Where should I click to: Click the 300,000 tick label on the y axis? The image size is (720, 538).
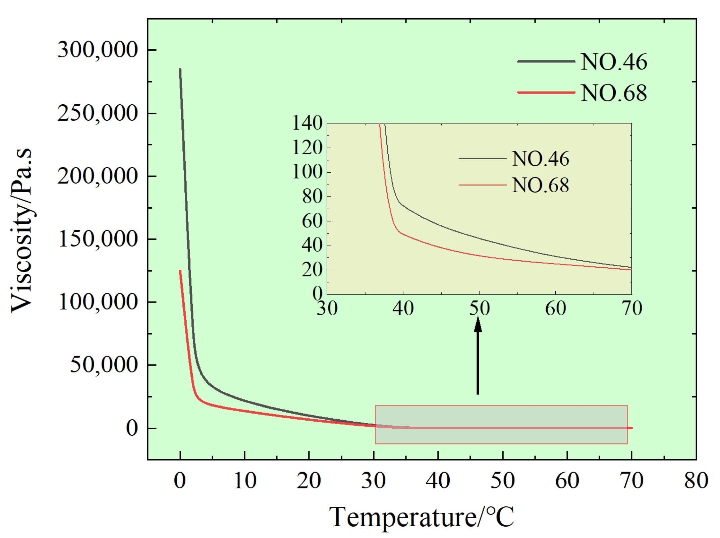click(98, 50)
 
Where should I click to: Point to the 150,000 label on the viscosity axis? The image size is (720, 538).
click(98, 239)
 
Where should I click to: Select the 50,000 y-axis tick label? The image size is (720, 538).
click(104, 365)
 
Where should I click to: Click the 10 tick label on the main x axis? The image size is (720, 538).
click(245, 481)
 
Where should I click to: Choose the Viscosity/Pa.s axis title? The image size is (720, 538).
click(22, 231)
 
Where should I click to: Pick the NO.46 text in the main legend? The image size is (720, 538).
click(614, 62)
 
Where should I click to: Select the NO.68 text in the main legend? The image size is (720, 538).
click(614, 93)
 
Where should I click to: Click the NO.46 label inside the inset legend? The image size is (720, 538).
click(540, 159)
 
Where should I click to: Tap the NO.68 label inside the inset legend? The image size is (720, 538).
click(540, 185)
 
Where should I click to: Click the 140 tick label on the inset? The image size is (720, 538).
click(307, 123)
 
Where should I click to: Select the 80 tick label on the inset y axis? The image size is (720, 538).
click(312, 197)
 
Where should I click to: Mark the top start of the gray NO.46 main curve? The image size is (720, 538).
click(180, 70)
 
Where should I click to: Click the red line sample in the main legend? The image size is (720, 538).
click(546, 92)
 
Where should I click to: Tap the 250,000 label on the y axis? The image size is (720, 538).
click(98, 113)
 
